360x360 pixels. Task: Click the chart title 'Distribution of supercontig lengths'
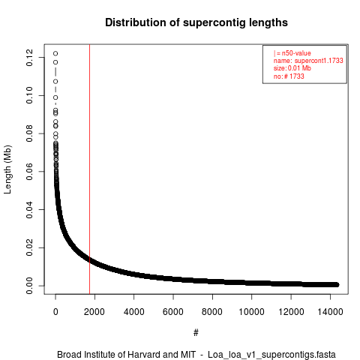click(x=196, y=22)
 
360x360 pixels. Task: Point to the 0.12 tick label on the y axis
click(x=29, y=58)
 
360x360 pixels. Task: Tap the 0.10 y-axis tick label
click(x=29, y=95)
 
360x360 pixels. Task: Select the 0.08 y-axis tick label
click(x=29, y=133)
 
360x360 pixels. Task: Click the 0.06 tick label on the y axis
click(x=29, y=172)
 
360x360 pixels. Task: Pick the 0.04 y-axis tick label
click(x=29, y=209)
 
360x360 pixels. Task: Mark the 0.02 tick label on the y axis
click(x=29, y=247)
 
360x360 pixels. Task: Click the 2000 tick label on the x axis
click(x=94, y=312)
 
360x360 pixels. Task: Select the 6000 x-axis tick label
click(x=173, y=312)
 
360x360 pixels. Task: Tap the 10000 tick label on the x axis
click(x=251, y=312)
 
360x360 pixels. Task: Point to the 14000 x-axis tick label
click(x=330, y=312)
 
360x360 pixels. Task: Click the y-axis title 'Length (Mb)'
click(x=7, y=169)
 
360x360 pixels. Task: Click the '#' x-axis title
click(x=196, y=333)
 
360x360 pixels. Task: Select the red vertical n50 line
click(x=89, y=169)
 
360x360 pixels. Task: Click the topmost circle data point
click(x=55, y=53)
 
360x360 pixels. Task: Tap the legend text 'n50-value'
click(x=296, y=53)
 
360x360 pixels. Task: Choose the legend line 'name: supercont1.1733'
click(x=308, y=61)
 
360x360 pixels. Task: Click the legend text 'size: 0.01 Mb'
click(x=292, y=68)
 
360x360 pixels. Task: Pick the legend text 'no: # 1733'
click(x=289, y=76)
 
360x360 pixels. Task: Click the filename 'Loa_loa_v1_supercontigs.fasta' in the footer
click(x=271, y=355)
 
